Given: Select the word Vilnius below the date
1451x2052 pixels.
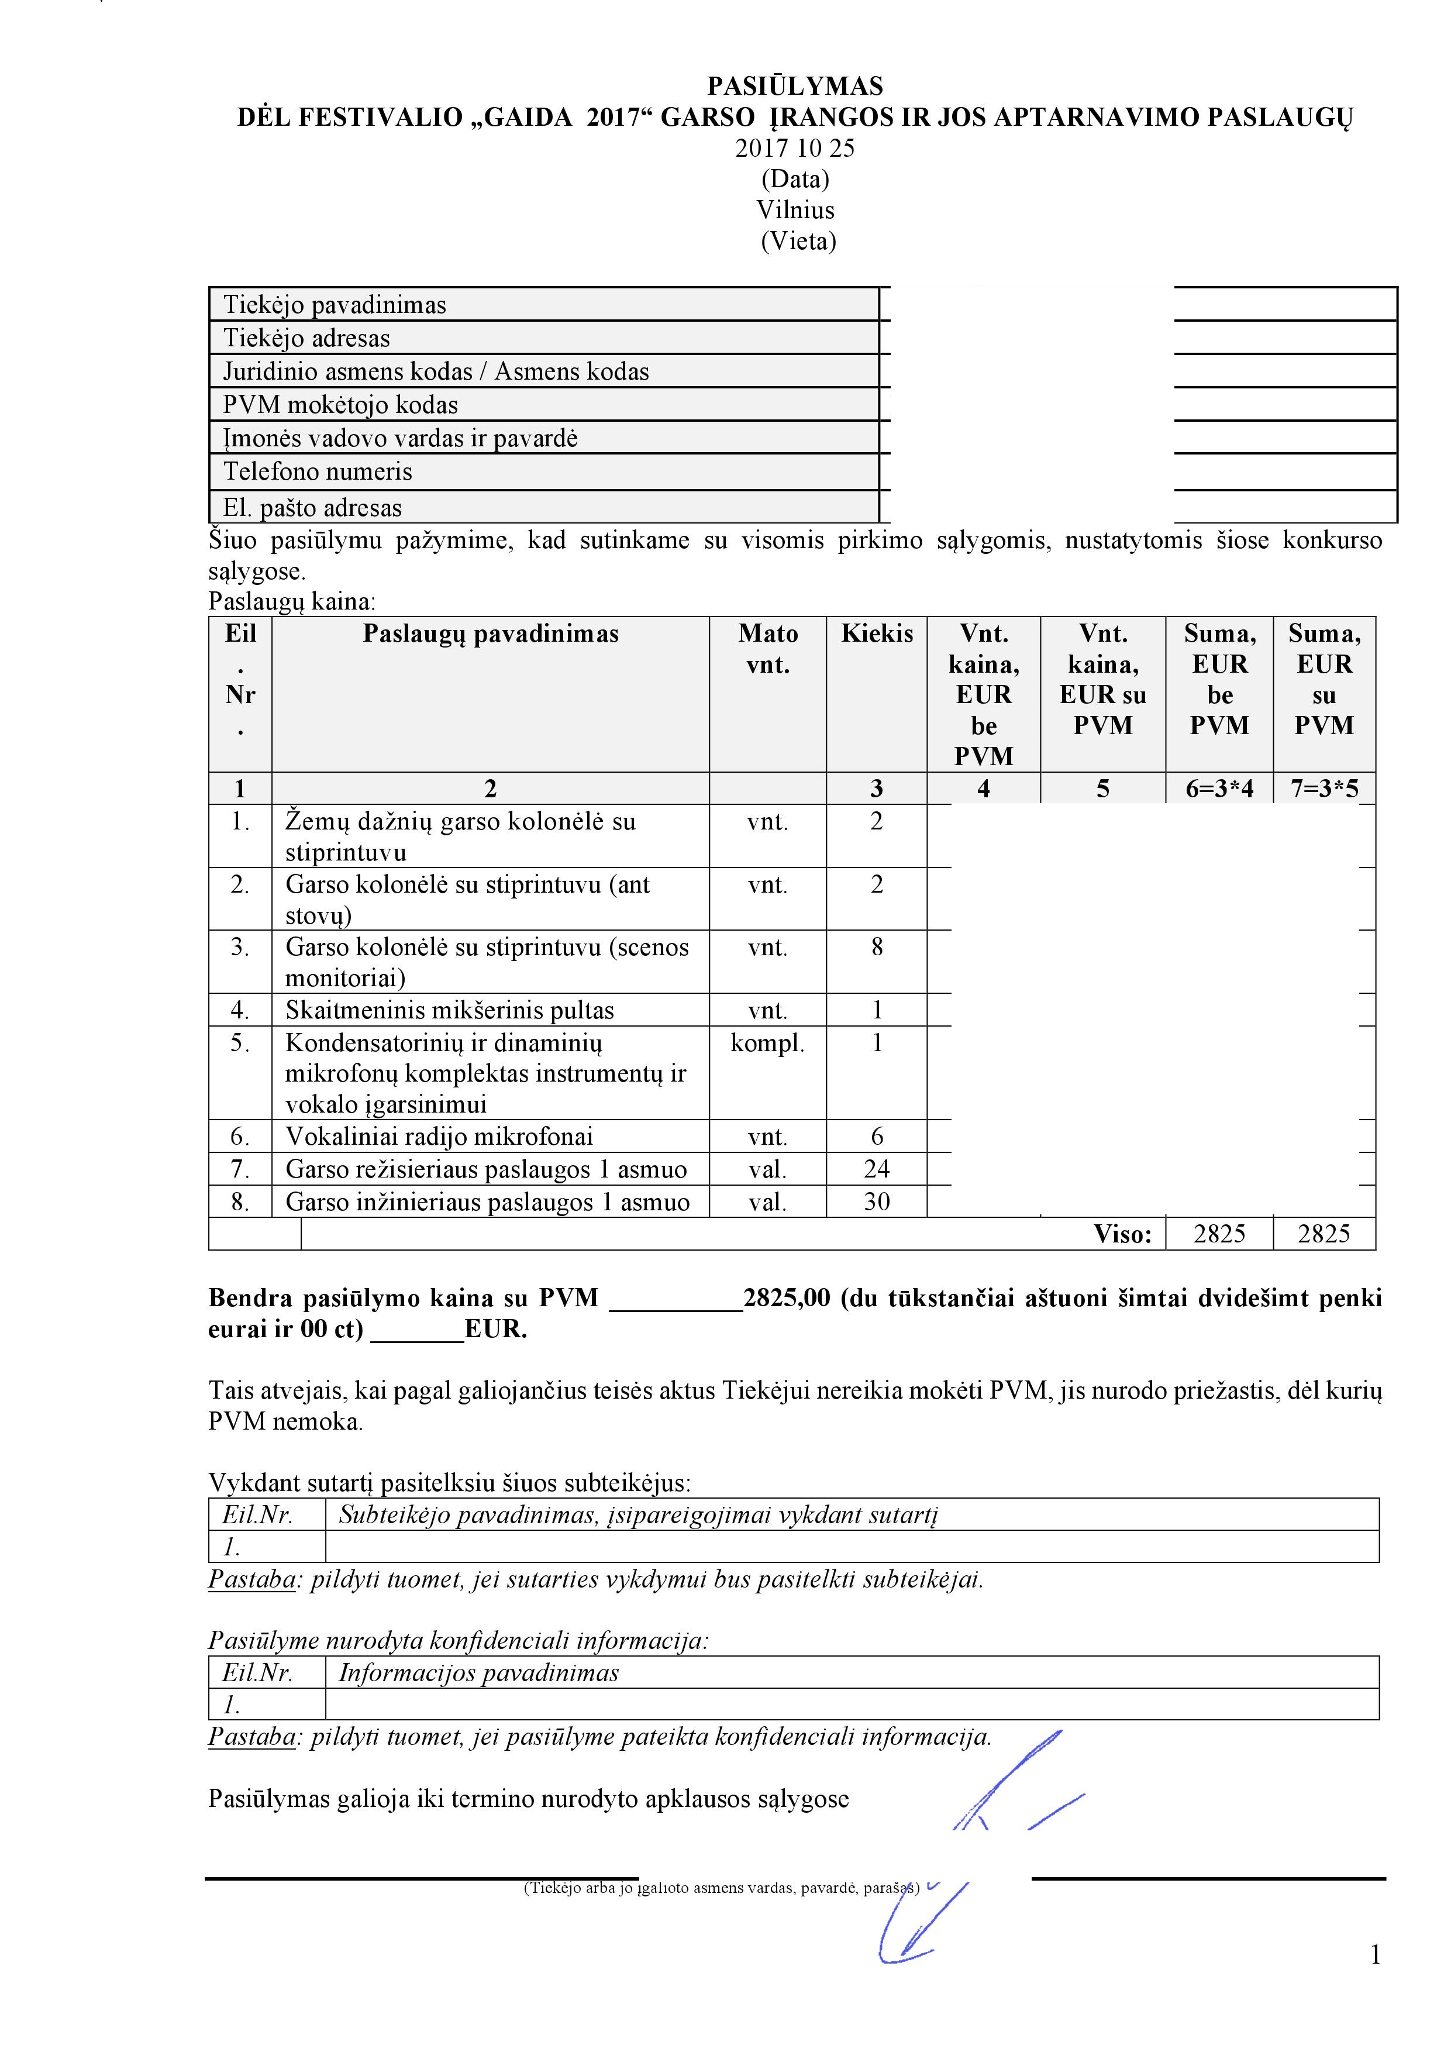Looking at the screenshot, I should (795, 210).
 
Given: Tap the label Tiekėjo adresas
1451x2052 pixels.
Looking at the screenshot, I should (306, 338).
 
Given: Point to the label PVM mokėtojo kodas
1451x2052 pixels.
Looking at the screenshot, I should (340, 405).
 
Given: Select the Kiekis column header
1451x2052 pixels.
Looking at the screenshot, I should (877, 633).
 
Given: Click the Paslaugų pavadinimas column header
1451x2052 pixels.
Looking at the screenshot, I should (491, 633).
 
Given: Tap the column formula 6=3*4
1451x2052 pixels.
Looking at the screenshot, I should (1219, 789).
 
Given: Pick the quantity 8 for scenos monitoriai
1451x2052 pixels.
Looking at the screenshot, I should (877, 946).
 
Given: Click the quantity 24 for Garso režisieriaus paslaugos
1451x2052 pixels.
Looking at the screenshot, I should (877, 1169).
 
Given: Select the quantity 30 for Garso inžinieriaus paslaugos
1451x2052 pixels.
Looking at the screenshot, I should (877, 1202).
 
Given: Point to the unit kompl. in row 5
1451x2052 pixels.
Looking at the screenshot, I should (767, 1043).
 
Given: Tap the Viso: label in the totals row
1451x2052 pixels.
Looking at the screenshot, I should (1122, 1234).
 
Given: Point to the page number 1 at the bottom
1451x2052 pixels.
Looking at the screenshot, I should (1375, 1954).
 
